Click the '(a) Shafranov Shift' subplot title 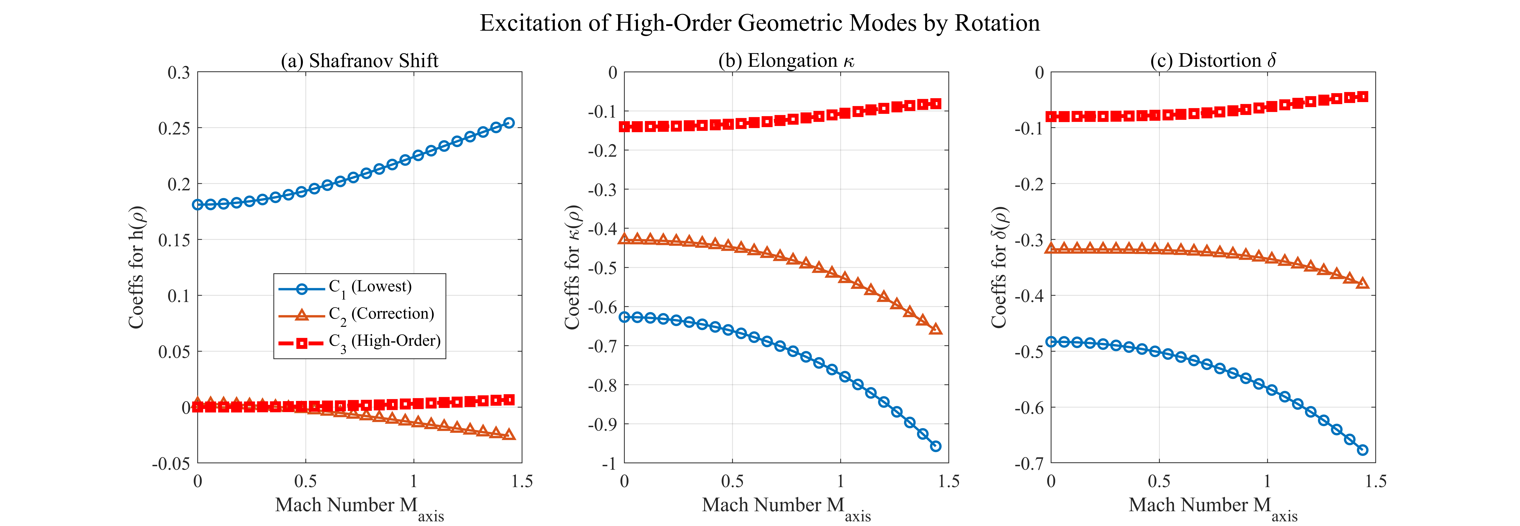pyautogui.click(x=359, y=61)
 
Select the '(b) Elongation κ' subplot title pyautogui.click(x=786, y=61)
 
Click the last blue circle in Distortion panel pyautogui.click(x=1362, y=450)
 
